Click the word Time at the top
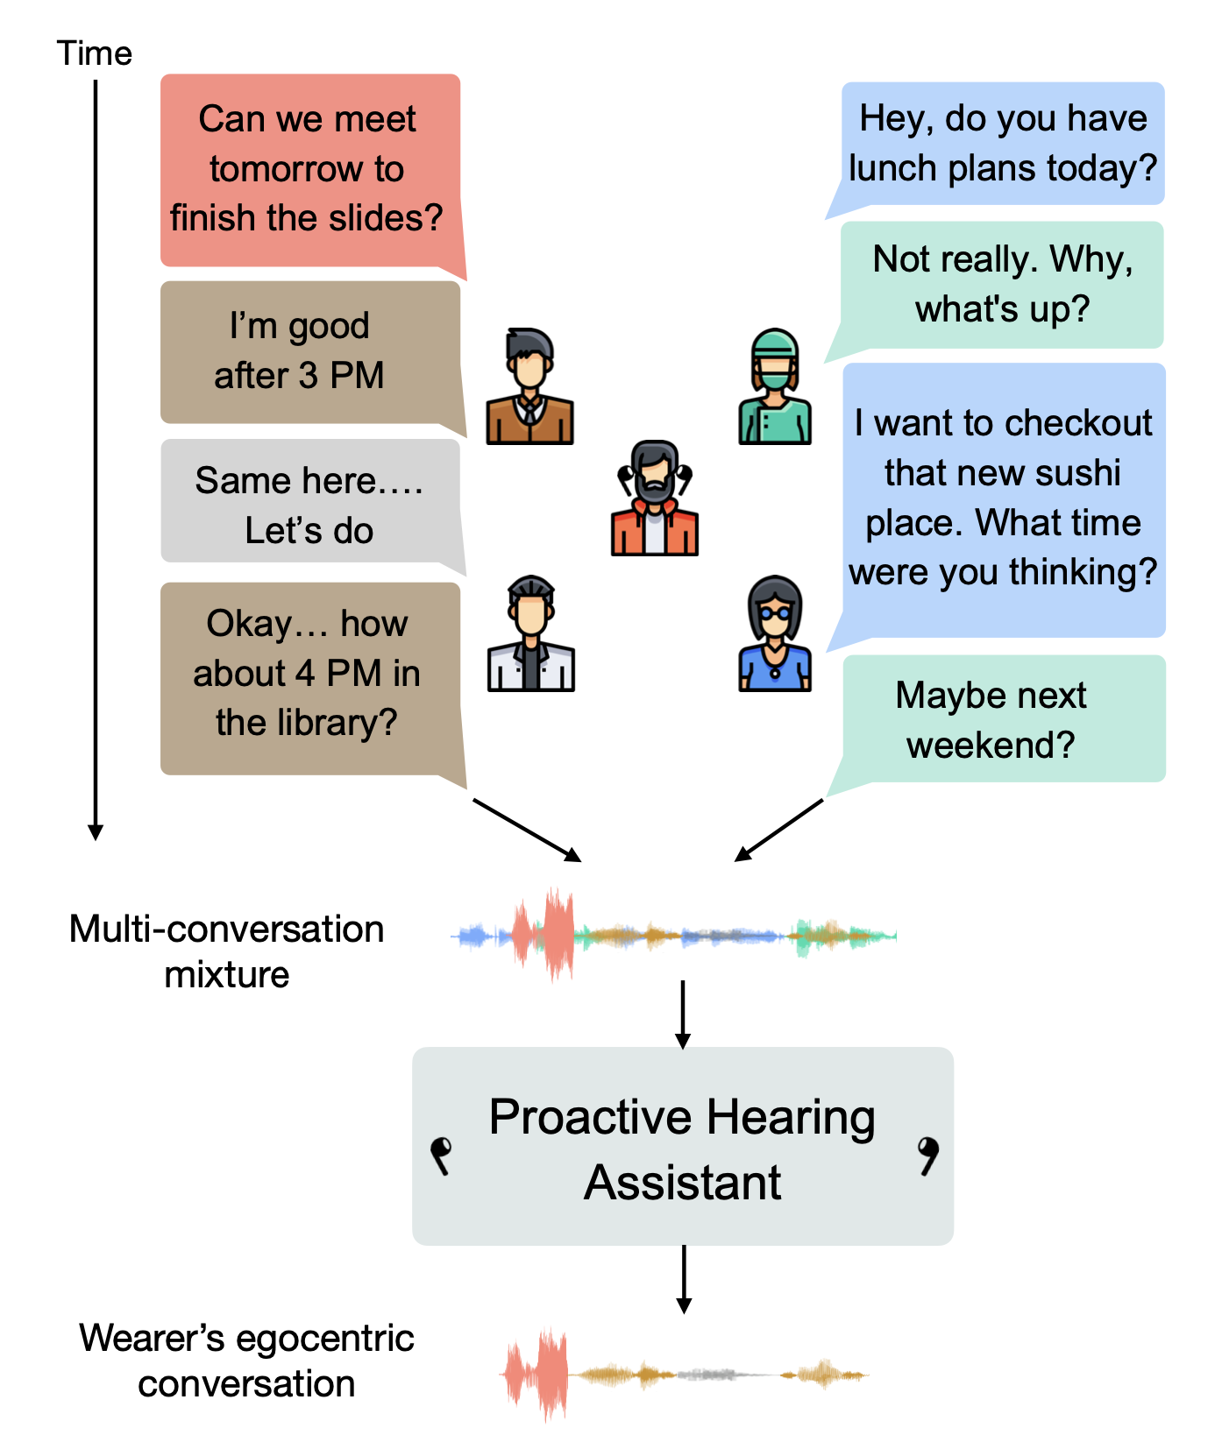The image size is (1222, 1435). pyautogui.click(x=94, y=54)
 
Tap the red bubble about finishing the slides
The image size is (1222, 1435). pyautogui.click(x=308, y=169)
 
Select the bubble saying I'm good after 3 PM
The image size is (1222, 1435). pyautogui.click(x=301, y=351)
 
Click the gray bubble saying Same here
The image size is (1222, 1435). pyautogui.click(x=309, y=504)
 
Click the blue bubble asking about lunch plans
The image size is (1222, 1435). pyautogui.click(x=1003, y=144)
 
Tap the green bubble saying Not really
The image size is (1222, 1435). pyautogui.click(x=1003, y=284)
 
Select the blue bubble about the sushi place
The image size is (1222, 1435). pyautogui.click(x=1003, y=498)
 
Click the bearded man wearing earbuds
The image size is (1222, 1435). pyautogui.click(x=654, y=498)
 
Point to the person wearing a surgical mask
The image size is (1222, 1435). pyautogui.click(x=775, y=387)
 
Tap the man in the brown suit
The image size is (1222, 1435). pyautogui.click(x=529, y=387)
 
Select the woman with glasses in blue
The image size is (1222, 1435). pyautogui.click(x=775, y=634)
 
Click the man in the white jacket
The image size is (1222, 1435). pyautogui.click(x=530, y=634)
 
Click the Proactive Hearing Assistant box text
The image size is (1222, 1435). pyautogui.click(x=682, y=1148)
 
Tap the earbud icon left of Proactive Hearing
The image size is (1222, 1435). pyautogui.click(x=441, y=1155)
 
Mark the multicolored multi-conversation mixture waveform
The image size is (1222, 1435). pyautogui.click(x=673, y=936)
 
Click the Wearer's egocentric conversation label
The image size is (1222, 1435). pyautogui.click(x=246, y=1361)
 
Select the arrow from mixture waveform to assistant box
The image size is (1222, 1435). pyautogui.click(x=683, y=1014)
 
